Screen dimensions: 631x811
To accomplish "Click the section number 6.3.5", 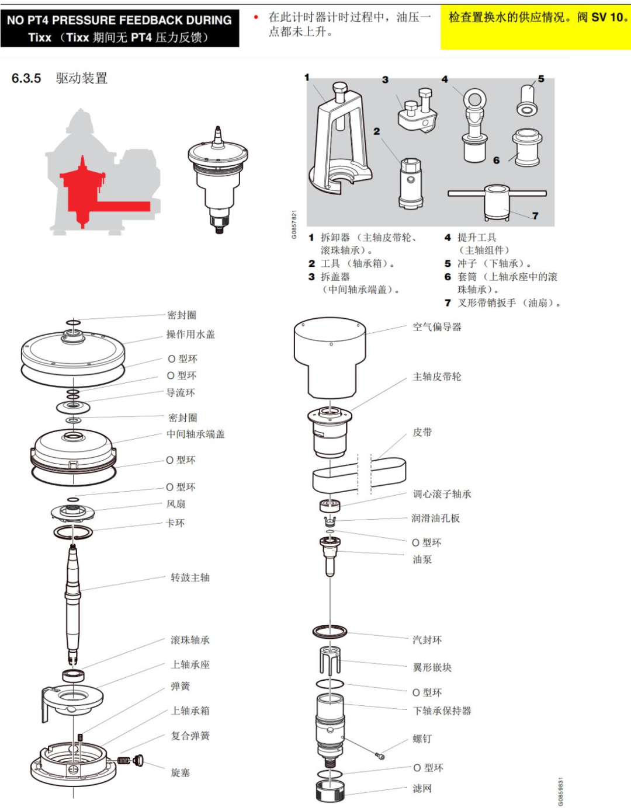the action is (26, 78).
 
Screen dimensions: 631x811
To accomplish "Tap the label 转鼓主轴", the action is (190, 577).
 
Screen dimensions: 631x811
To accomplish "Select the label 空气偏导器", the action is (437, 327).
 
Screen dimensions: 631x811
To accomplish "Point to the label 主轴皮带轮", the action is (437, 377).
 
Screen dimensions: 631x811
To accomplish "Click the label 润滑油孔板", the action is (435, 518).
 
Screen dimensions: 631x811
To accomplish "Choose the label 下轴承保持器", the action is (442, 710).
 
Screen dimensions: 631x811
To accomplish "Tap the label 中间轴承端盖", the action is (196, 434).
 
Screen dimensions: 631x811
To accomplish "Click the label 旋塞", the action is (181, 772).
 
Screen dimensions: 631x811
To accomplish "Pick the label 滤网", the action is (422, 788).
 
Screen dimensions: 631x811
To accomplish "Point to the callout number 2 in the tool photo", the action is (376, 131).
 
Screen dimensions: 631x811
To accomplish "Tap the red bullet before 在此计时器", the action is (256, 17).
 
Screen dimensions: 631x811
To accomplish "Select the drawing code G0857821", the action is (294, 225).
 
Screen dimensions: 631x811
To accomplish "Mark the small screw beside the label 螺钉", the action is (380, 756).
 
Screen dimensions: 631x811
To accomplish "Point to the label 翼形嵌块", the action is (432, 667).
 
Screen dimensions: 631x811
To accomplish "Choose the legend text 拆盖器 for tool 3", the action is (335, 277).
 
